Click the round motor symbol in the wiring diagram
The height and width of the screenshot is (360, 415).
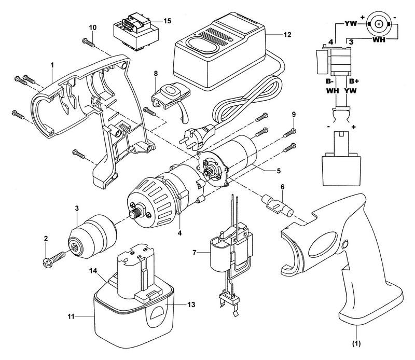click(378, 24)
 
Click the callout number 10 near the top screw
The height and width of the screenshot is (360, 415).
click(92, 26)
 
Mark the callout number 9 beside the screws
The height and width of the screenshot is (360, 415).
click(294, 114)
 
